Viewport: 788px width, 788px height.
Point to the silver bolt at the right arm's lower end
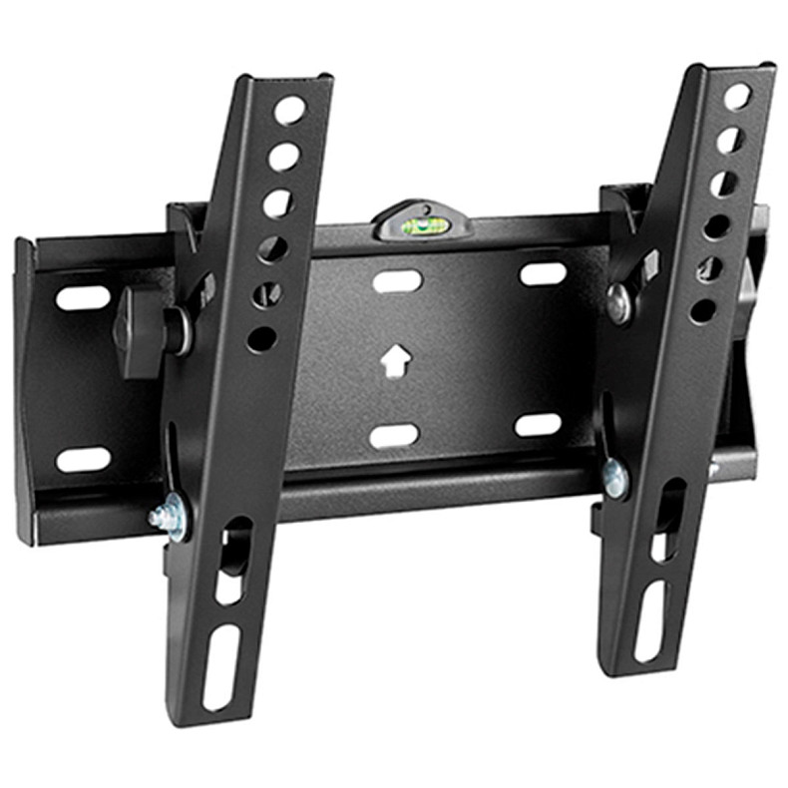click(615, 478)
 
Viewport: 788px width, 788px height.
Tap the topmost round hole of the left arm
click(291, 111)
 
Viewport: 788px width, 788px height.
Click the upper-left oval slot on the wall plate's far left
click(83, 297)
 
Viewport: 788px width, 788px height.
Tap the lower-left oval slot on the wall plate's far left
click(83, 459)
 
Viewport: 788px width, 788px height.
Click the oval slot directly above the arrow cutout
click(396, 281)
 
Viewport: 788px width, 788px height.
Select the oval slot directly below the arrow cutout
click(394, 435)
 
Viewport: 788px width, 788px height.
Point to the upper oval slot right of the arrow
click(543, 273)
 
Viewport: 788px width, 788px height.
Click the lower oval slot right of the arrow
click(538, 424)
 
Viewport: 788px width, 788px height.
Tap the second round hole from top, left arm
click(283, 156)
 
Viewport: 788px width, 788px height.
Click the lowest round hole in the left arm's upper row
click(261, 339)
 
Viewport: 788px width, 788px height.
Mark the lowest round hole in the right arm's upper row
click(703, 310)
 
